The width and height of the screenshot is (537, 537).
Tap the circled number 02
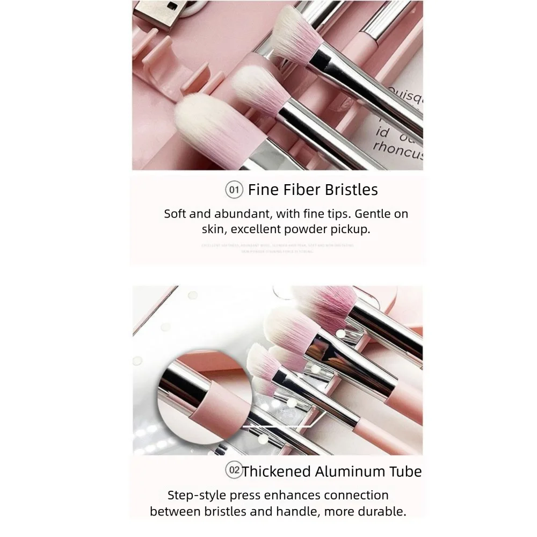pyautogui.click(x=234, y=471)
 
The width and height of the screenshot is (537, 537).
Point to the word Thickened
pyautogui.click(x=276, y=471)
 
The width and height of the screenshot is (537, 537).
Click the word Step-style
pyautogui.click(x=194, y=495)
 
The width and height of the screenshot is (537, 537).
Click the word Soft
pyautogui.click(x=176, y=214)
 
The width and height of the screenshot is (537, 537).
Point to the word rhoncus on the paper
pyautogui.click(x=398, y=149)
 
